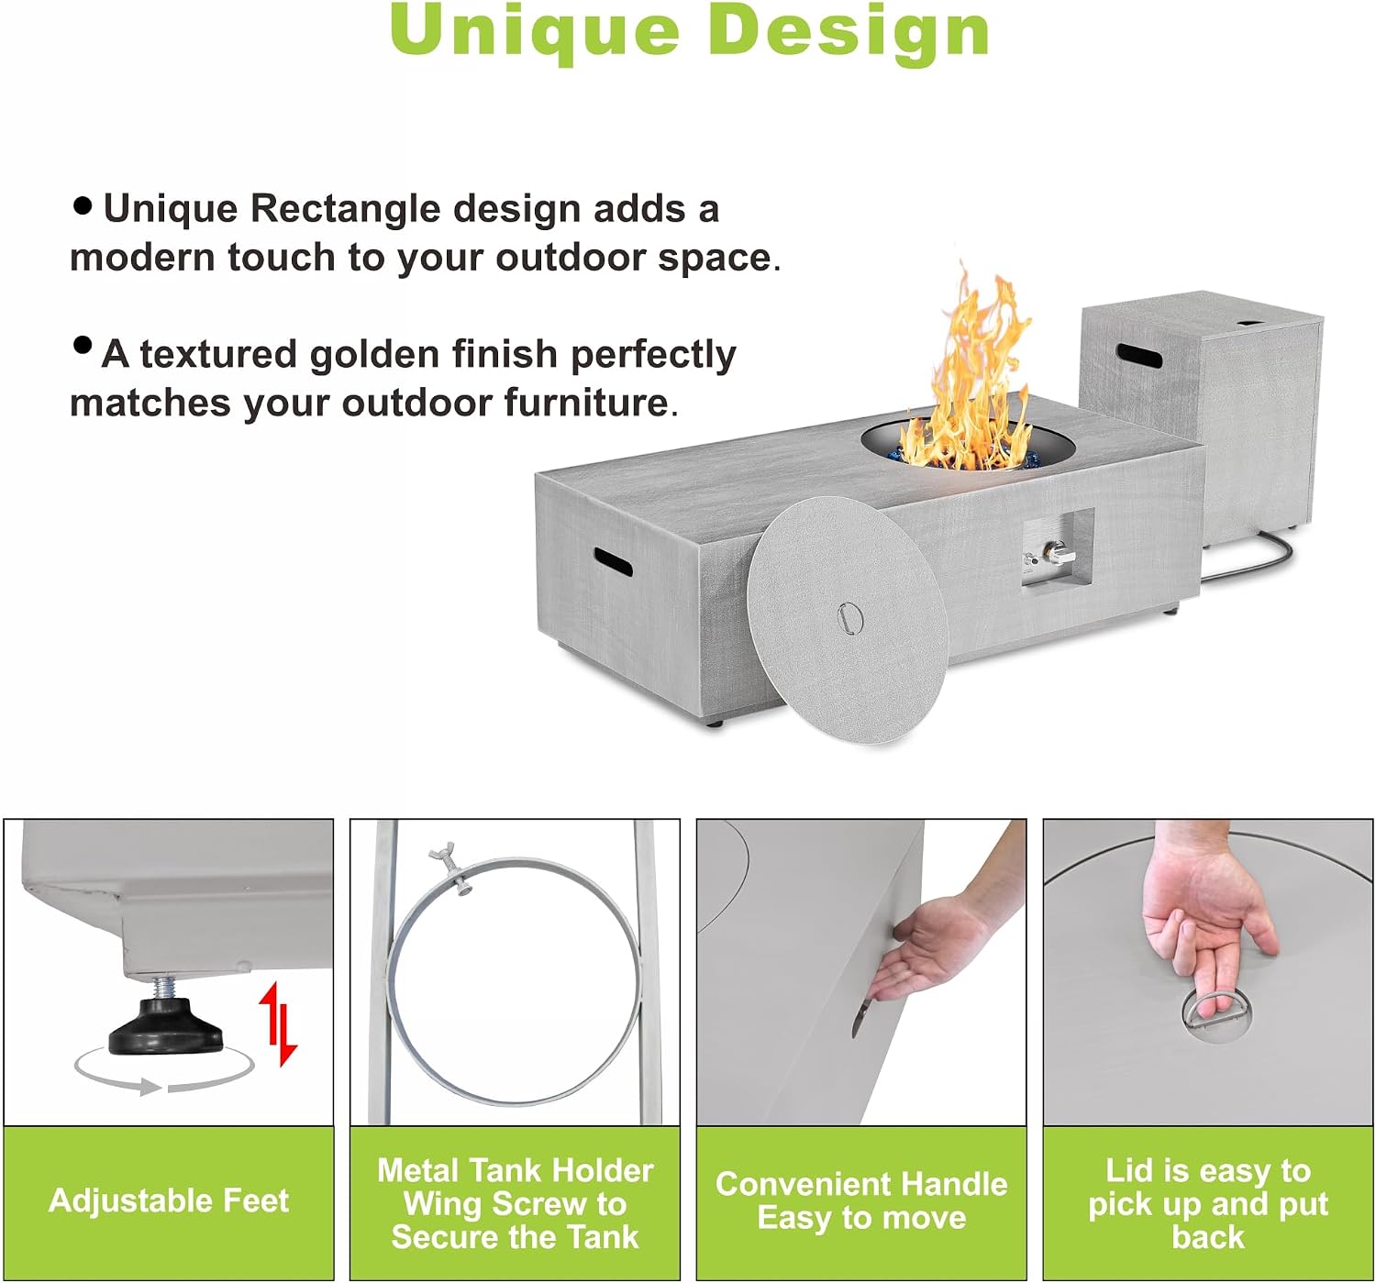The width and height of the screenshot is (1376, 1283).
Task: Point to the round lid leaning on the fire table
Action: tap(847, 621)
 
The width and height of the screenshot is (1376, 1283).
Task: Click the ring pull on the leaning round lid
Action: tap(849, 616)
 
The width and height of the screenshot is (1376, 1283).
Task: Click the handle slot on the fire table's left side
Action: tap(613, 561)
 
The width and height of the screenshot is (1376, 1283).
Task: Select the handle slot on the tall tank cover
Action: tap(1138, 356)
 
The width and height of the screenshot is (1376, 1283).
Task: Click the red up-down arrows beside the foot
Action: tap(278, 1024)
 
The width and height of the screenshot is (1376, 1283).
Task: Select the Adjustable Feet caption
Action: tap(169, 1200)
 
